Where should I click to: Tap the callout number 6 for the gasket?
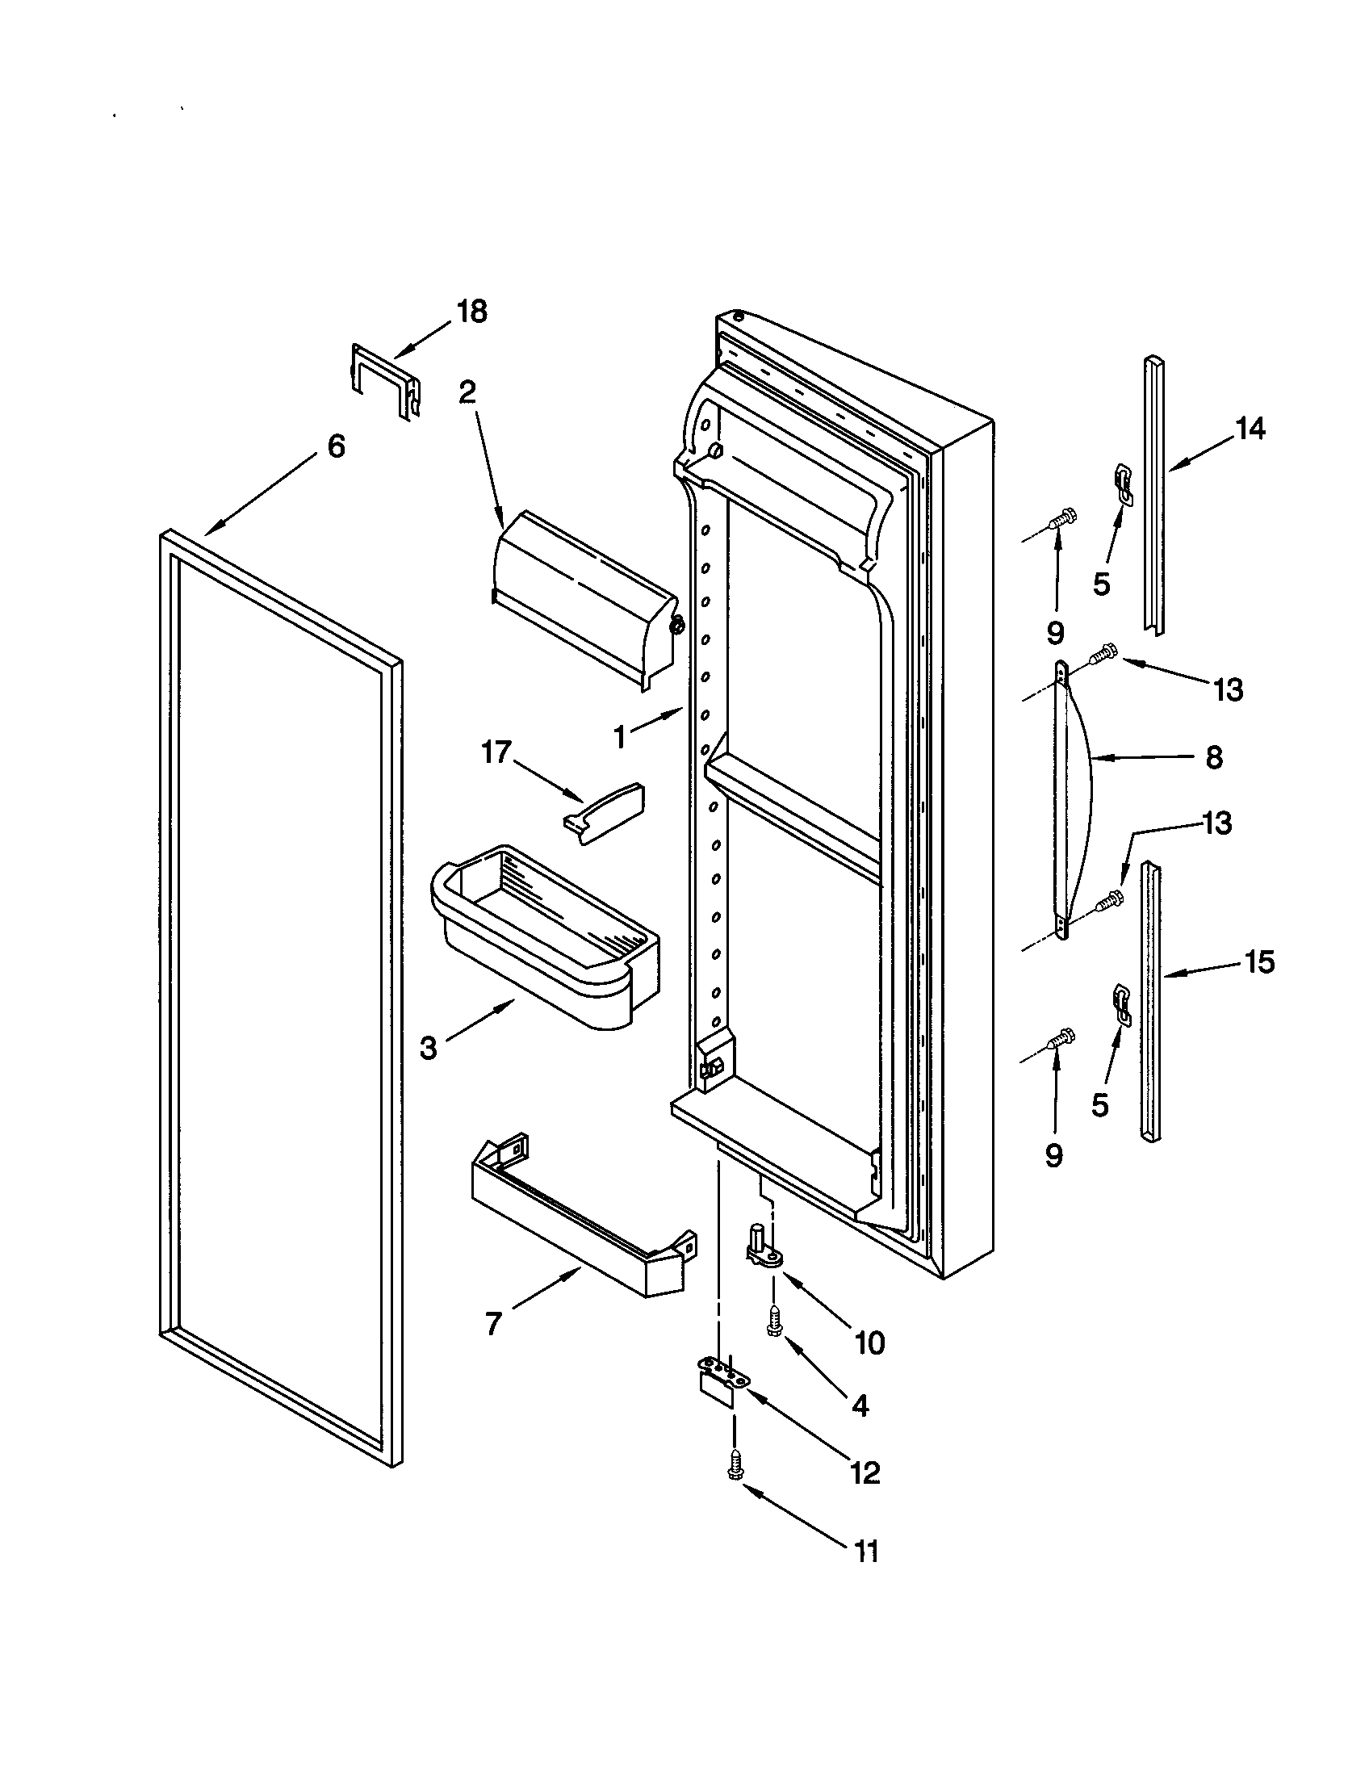tap(336, 446)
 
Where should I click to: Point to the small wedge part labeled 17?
tap(604, 813)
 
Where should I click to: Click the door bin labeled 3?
tap(545, 935)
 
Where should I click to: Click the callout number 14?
tap(1250, 429)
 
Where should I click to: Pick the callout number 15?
tap(1260, 962)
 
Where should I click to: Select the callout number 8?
tap(1213, 758)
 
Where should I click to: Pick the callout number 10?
tap(870, 1343)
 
